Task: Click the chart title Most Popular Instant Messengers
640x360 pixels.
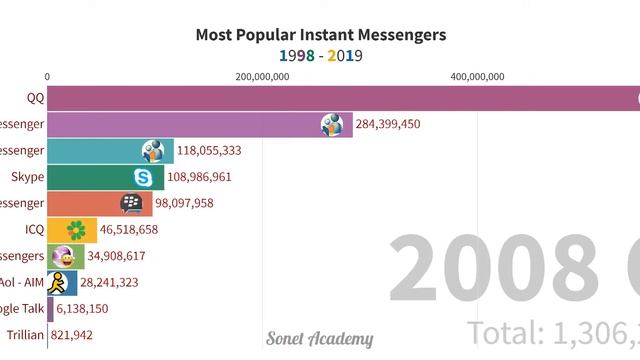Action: tap(320, 34)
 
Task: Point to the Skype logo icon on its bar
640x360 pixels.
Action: tap(145, 177)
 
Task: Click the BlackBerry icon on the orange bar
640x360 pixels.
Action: tap(132, 203)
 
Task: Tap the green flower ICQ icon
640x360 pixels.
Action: tap(75, 230)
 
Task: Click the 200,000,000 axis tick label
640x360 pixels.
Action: tap(262, 76)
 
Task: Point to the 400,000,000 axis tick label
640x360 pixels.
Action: tap(477, 76)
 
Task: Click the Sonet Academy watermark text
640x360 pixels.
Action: tap(320, 339)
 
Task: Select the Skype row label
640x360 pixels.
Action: tap(28, 177)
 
